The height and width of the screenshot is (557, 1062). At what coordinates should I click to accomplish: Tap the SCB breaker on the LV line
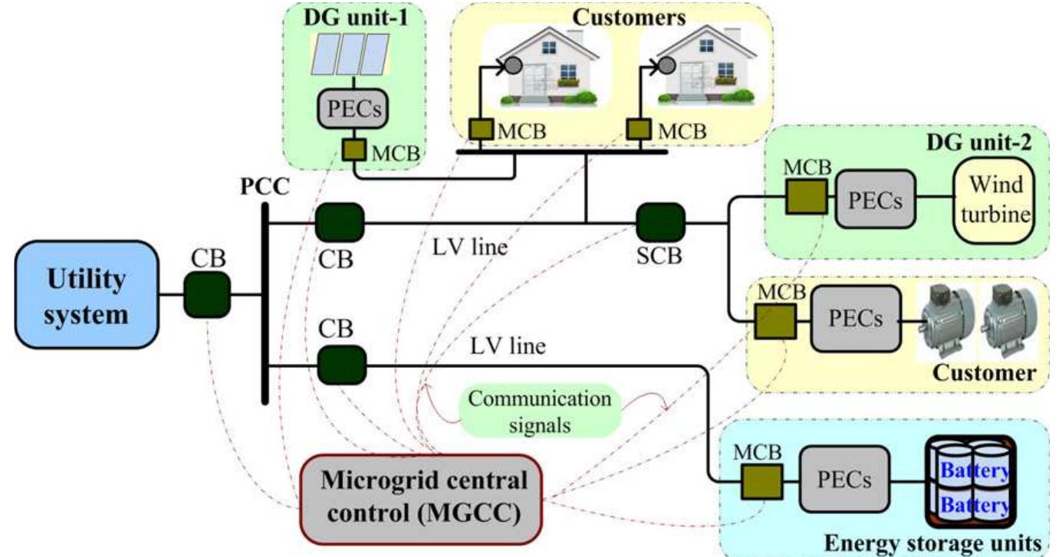659,223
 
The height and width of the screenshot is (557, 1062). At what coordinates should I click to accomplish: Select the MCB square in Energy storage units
761,481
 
